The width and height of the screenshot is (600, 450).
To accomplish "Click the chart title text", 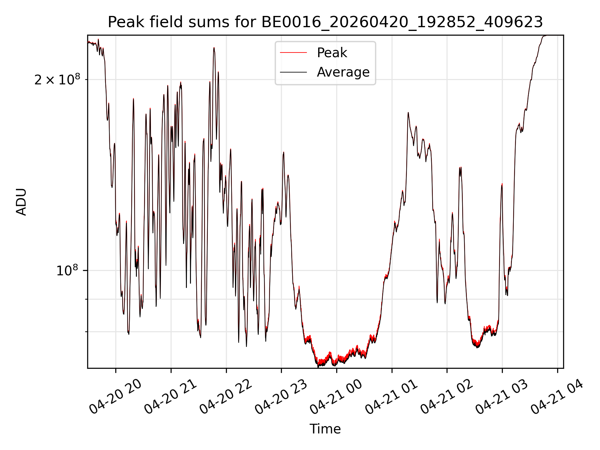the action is (325, 22).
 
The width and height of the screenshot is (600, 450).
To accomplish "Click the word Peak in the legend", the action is (332, 52).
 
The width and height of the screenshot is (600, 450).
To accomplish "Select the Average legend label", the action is (343, 72).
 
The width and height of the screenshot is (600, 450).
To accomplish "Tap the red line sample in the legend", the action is (293, 52).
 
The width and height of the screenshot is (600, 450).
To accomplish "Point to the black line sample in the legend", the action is (293, 72).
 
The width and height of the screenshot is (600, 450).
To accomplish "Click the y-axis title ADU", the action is (21, 202).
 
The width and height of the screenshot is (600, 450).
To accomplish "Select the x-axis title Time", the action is (325, 429).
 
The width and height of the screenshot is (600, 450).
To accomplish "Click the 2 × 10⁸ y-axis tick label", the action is (57, 79).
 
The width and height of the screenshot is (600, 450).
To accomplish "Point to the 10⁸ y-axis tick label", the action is (68, 270).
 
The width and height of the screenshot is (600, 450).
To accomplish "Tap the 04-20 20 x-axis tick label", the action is (116, 396).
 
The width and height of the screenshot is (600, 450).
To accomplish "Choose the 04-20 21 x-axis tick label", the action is (171, 396).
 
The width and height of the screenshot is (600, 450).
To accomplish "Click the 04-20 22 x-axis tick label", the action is (226, 396).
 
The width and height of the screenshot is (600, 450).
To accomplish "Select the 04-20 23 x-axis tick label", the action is (281, 396).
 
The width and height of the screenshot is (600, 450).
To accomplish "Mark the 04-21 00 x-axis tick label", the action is (336, 396).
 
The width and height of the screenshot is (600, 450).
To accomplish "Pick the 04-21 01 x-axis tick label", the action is (392, 396).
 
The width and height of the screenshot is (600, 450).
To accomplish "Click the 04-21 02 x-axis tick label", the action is (447, 396).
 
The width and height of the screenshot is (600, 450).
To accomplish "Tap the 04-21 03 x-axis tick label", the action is (502, 396).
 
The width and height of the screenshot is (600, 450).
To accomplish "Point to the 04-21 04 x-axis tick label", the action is (557, 396).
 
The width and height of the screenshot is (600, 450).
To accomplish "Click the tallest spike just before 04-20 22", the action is (214, 48).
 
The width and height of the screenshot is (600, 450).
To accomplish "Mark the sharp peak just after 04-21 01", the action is (408, 112).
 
